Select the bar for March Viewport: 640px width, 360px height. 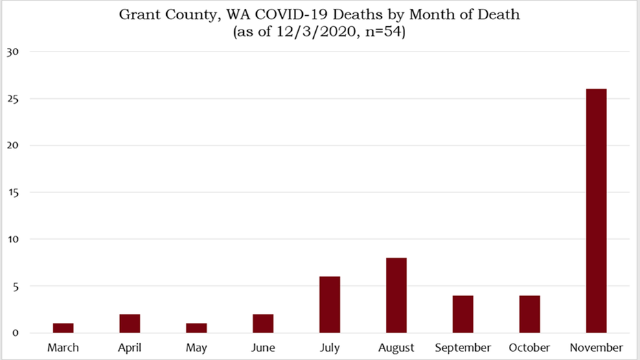tap(63, 328)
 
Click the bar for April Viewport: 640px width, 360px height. tap(130, 323)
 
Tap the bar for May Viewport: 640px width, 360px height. tap(196, 328)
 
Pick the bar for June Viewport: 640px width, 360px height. tap(263, 323)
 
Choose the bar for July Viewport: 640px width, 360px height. tap(330, 304)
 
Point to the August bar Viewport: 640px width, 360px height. tap(396, 295)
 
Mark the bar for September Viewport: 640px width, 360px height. tap(463, 314)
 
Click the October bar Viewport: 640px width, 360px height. tap(529, 314)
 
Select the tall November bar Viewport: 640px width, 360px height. tap(596, 210)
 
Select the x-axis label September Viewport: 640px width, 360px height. tap(463, 348)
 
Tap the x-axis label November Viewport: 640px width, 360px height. tap(596, 348)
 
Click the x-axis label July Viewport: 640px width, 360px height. tap(330, 348)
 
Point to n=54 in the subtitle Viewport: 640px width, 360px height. tap(383, 32)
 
